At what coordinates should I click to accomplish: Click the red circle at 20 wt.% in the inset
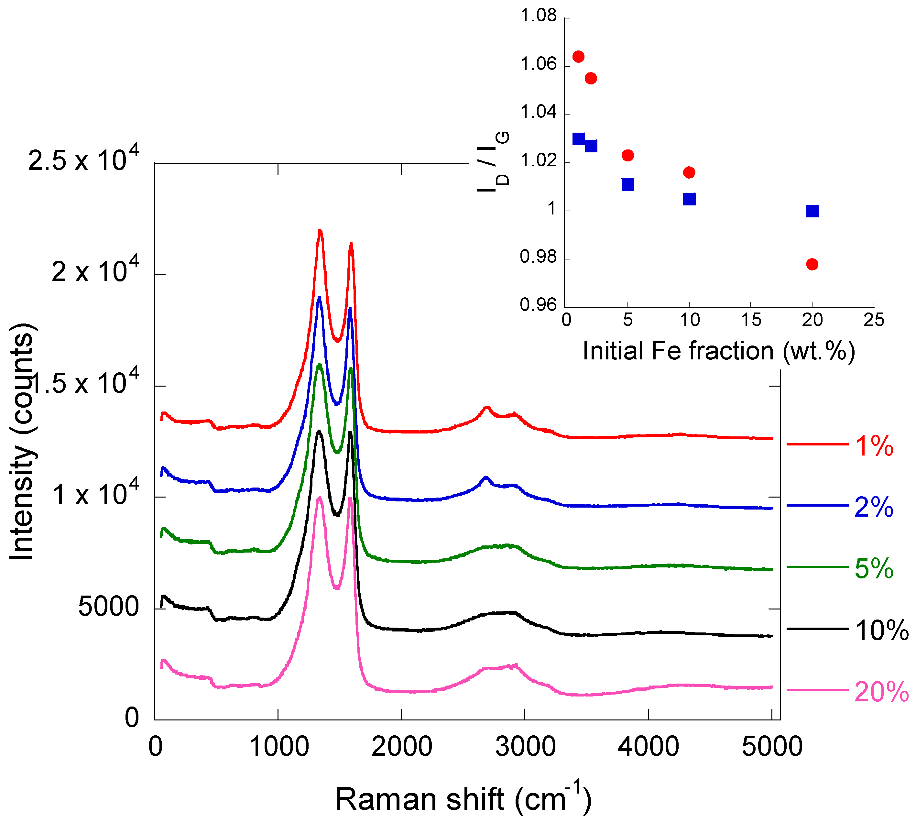tap(812, 264)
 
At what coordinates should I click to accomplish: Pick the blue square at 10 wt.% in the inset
tap(689, 199)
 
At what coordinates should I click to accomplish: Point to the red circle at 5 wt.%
tap(627, 156)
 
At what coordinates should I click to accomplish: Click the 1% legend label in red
tap(874, 446)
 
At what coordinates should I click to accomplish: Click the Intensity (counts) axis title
tap(21, 442)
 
